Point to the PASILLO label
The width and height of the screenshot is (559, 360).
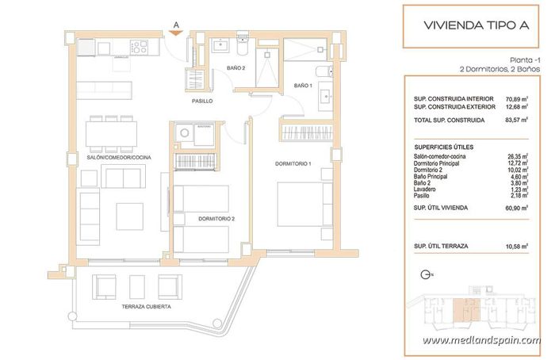(202, 101)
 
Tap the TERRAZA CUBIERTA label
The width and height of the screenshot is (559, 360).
(147, 306)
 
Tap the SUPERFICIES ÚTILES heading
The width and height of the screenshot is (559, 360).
(445, 147)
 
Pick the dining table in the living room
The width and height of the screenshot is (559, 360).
(117, 132)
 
